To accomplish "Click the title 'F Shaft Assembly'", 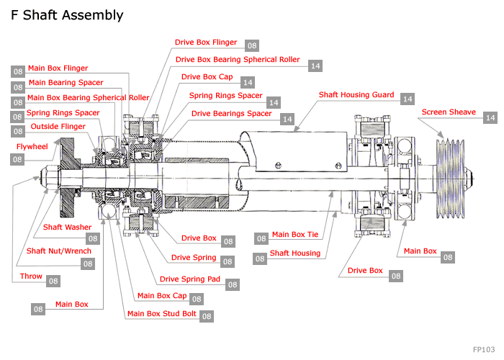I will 67,15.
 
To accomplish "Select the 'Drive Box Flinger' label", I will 206,42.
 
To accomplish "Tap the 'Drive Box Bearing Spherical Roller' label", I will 238,60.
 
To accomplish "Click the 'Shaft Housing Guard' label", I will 356,94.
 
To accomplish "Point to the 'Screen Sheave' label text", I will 449,112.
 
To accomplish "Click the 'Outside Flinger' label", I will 58,127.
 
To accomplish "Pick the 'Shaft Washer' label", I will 67,227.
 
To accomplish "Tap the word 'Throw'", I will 31,275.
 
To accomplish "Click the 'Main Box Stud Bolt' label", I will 161,313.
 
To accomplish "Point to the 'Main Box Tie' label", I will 295,235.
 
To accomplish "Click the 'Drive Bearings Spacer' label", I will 232,113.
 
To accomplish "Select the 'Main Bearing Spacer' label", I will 66,83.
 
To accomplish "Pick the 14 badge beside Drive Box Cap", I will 248,83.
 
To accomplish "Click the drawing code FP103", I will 485,348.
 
